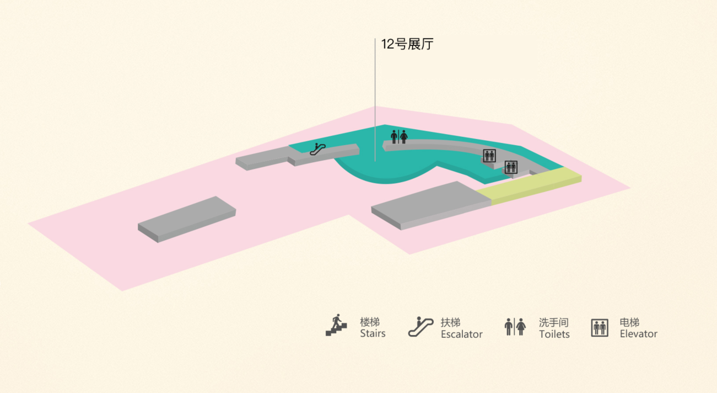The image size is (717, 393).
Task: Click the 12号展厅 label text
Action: tap(407, 44)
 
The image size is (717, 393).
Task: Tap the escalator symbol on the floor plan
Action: tap(317, 150)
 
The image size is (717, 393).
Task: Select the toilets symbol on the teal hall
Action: tap(399, 137)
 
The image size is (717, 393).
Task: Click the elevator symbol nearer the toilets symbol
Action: tap(489, 156)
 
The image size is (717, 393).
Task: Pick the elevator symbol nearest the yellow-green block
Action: tap(511, 167)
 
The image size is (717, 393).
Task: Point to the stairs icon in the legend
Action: tap(336, 325)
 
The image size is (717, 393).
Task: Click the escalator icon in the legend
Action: tap(421, 327)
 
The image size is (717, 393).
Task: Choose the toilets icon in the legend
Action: tap(515, 327)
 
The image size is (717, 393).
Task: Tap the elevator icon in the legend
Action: tap(600, 328)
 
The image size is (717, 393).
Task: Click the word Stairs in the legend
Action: tap(373, 333)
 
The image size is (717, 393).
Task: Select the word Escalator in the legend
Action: tap(462, 334)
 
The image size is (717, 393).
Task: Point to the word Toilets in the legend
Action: tap(554, 334)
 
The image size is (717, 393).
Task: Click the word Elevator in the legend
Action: tap(639, 334)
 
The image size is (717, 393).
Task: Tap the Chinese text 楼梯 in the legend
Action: tap(370, 322)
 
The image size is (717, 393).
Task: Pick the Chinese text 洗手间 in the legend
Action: tap(554, 322)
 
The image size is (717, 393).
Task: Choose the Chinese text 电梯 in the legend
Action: tap(629, 322)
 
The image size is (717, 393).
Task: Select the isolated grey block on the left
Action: tap(187, 220)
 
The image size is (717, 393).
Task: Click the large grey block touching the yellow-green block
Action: tap(432, 205)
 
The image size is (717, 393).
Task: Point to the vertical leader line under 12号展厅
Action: tap(375, 100)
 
